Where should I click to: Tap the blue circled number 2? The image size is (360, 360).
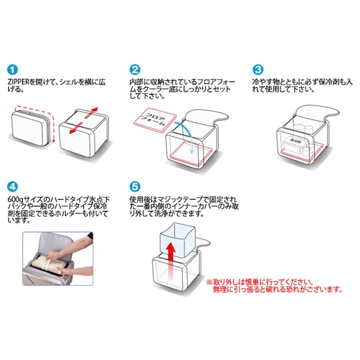(135, 70)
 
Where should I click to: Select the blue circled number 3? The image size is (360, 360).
(258, 70)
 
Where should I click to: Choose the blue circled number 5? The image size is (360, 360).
(135, 188)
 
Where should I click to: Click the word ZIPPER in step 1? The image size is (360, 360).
(23, 82)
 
